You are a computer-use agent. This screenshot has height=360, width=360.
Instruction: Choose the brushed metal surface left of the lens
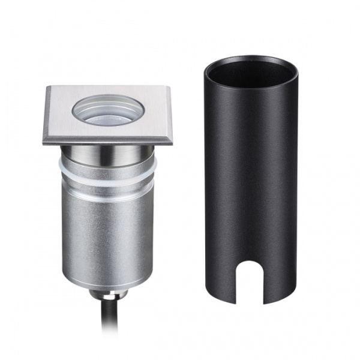coord(60,114)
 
